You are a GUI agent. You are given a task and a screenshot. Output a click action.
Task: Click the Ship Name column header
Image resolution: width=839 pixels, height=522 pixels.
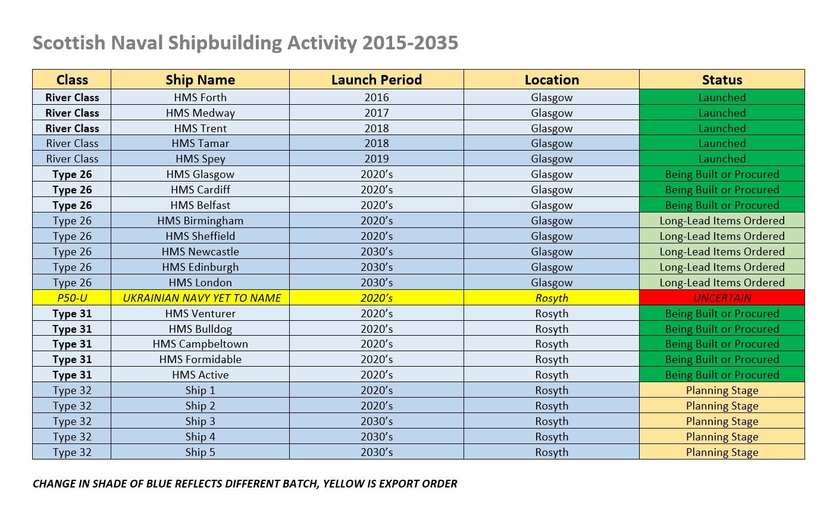pyautogui.click(x=200, y=80)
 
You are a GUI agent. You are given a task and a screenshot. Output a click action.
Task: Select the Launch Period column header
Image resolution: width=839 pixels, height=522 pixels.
pyautogui.click(x=376, y=80)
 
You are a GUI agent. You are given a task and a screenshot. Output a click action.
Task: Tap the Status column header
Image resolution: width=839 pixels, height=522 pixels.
pyautogui.click(x=722, y=80)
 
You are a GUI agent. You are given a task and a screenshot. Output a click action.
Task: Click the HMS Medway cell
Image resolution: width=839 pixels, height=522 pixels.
pyautogui.click(x=200, y=113)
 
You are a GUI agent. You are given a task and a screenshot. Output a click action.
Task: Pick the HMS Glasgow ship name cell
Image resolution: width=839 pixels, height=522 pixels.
pyautogui.click(x=200, y=174)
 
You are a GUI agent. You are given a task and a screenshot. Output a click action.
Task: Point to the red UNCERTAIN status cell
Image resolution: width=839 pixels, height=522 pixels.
pyautogui.click(x=722, y=298)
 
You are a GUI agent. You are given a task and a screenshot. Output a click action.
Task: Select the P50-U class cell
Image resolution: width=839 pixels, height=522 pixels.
pyautogui.click(x=72, y=298)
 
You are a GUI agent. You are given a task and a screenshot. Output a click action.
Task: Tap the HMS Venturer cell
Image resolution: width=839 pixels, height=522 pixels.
pyautogui.click(x=200, y=314)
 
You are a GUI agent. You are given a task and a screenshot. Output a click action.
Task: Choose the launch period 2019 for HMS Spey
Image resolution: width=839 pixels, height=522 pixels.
pyautogui.click(x=376, y=159)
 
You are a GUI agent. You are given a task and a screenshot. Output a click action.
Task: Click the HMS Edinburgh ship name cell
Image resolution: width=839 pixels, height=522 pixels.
pyautogui.click(x=200, y=267)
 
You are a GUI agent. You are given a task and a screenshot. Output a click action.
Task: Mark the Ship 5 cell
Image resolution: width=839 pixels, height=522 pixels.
pyautogui.click(x=200, y=452)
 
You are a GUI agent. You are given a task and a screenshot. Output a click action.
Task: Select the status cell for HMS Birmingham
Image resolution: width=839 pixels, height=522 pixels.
pyautogui.click(x=722, y=221)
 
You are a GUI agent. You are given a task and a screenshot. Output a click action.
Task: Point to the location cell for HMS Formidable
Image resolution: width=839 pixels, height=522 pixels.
pyautogui.click(x=552, y=360)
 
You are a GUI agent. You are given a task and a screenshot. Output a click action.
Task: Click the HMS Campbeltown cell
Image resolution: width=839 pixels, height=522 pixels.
pyautogui.click(x=200, y=344)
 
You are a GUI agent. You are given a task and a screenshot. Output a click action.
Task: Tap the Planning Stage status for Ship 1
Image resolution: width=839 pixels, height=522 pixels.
pyautogui.click(x=722, y=390)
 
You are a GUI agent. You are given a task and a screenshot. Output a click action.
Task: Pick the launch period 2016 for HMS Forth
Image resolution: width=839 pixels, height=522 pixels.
pyautogui.click(x=376, y=98)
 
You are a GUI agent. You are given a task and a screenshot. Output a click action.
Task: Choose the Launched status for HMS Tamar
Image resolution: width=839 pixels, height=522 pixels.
pyautogui.click(x=722, y=143)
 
